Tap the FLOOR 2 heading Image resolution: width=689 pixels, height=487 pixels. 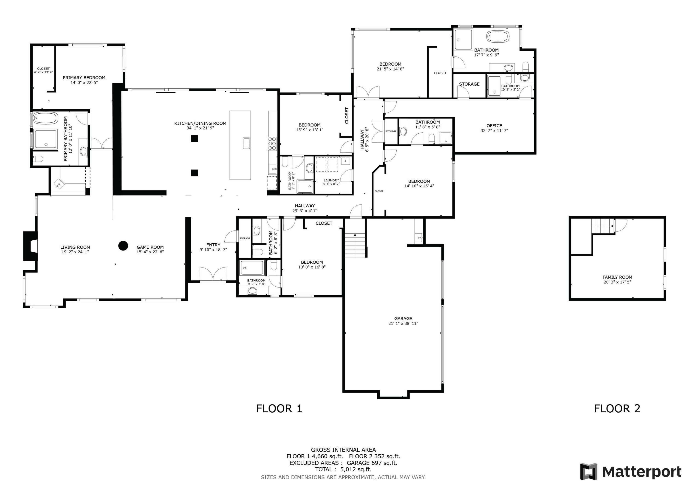(617, 408)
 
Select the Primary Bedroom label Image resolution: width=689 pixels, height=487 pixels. (84, 78)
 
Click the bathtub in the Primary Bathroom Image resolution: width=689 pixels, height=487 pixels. (45, 118)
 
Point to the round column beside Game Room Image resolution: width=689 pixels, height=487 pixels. (123, 246)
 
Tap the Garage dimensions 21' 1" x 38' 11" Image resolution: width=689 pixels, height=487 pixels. (403, 324)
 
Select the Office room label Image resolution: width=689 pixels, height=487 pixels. (494, 126)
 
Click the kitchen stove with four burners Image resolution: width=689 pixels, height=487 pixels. (272, 144)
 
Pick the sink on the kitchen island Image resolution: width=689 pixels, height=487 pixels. (246, 143)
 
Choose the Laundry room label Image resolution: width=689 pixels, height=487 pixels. (331, 180)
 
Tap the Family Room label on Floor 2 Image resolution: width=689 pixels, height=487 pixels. (617, 277)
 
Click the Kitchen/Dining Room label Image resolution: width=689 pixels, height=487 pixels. (200, 123)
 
